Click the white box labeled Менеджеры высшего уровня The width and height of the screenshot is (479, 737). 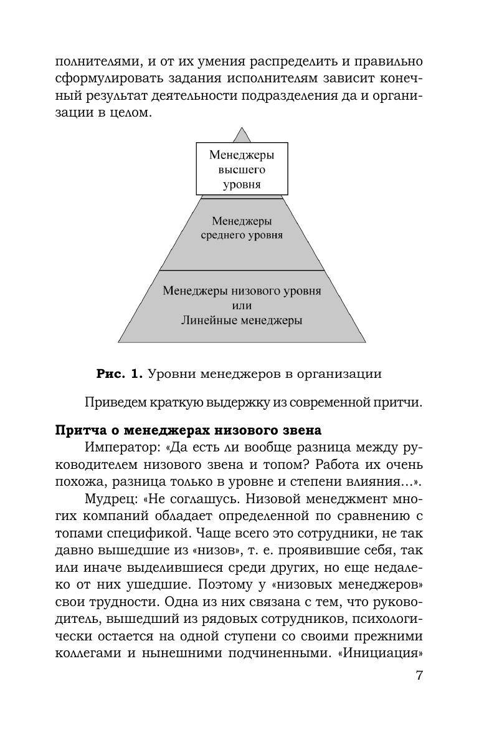pyautogui.click(x=242, y=168)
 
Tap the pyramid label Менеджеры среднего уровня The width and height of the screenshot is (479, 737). pyautogui.click(x=242, y=228)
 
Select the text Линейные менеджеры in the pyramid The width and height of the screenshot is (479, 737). pyautogui.click(x=242, y=320)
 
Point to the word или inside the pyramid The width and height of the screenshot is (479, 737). pyautogui.click(x=242, y=306)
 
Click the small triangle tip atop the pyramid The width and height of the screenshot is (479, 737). pyautogui.click(x=242, y=135)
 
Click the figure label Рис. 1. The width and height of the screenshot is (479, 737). pyautogui.click(x=120, y=374)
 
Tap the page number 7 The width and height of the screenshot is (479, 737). pyautogui.click(x=419, y=676)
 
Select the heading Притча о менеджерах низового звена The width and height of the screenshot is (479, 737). pyautogui.click(x=188, y=430)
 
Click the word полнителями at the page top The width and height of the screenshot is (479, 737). pyautogui.click(x=92, y=62)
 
